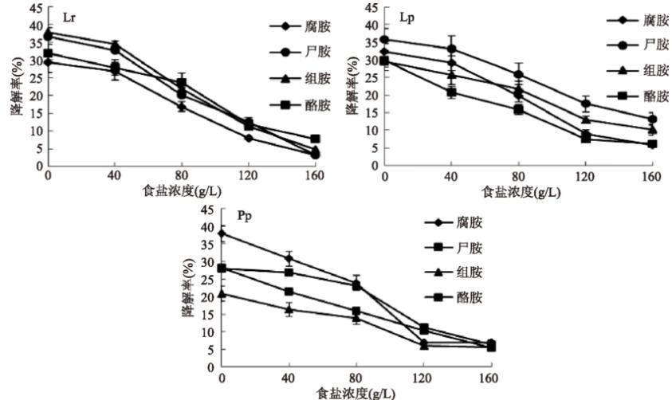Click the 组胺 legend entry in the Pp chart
pyautogui.click(x=470, y=272)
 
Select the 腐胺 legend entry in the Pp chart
pyautogui.click(x=470, y=222)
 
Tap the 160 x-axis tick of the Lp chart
pyautogui.click(x=651, y=176)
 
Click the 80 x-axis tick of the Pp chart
pyautogui.click(x=356, y=378)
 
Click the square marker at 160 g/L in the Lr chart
pyautogui.click(x=316, y=139)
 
